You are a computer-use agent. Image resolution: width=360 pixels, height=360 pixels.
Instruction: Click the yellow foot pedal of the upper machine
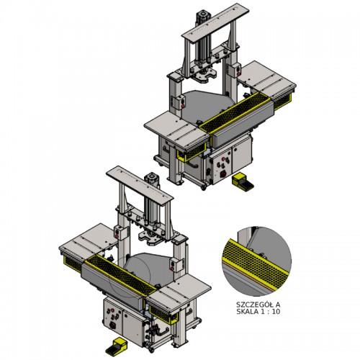point(243,182)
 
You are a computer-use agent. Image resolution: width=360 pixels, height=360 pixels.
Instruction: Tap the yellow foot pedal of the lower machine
point(117,346)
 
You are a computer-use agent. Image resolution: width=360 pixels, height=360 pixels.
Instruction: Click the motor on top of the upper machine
point(202,17)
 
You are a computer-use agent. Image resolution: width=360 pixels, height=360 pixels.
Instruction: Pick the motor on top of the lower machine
point(151,179)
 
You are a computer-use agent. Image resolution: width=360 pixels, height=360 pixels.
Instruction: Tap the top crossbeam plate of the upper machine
point(215,23)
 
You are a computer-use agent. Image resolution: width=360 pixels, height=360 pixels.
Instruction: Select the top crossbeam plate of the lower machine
point(140,186)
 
